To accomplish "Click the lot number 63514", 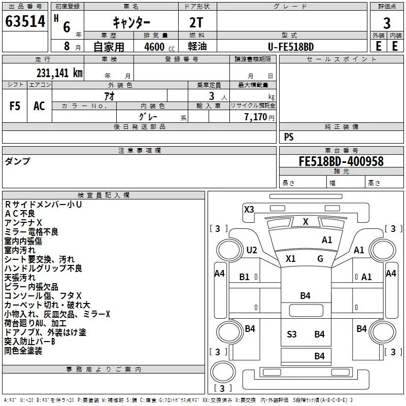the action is pyautogui.click(x=25, y=22).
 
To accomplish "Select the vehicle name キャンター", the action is pyautogui.click(x=130, y=22).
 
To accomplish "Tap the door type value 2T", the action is pyautogui.click(x=197, y=22).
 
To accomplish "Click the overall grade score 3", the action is pyautogui.click(x=387, y=23).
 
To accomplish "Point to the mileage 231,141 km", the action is pyautogui.click(x=59, y=73).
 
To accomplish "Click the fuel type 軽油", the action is pyautogui.click(x=197, y=47).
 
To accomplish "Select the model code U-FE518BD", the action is pyautogui.click(x=291, y=47).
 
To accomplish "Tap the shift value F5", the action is pyautogui.click(x=15, y=106).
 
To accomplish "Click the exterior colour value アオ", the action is pyautogui.click(x=109, y=95).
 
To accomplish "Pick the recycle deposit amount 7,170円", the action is pyautogui.click(x=259, y=117).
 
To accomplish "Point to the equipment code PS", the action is pyautogui.click(x=289, y=137).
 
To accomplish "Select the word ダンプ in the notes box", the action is pyautogui.click(x=17, y=161).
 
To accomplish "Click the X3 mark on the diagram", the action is pyautogui.click(x=249, y=209).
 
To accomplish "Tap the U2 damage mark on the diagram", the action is pyautogui.click(x=252, y=250).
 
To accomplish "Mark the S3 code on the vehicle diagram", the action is pyautogui.click(x=292, y=334).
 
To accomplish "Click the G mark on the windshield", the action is pyautogui.click(x=320, y=258).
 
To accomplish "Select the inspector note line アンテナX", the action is pyautogui.click(x=23, y=223).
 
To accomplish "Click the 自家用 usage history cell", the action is pyautogui.click(x=109, y=47).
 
